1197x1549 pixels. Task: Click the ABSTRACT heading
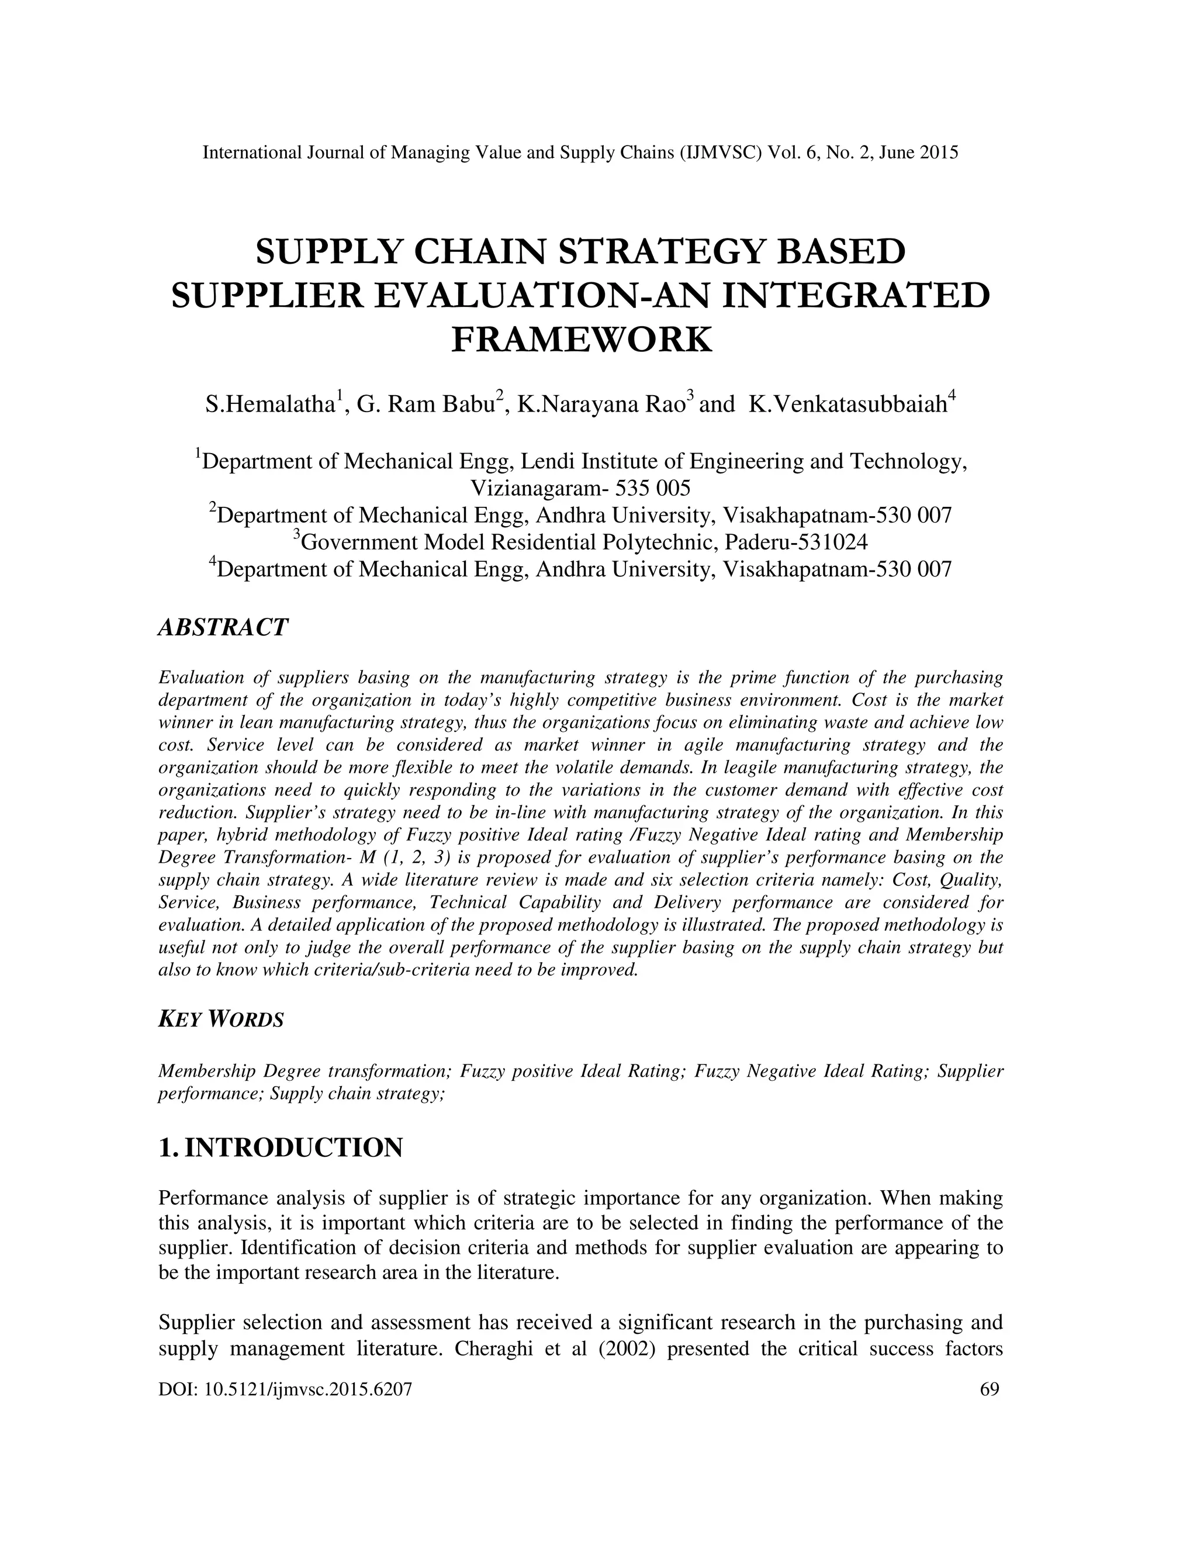pyautogui.click(x=223, y=627)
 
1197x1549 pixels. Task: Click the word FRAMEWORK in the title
pyautogui.click(x=582, y=339)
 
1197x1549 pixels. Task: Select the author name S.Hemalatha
pyautogui.click(x=270, y=404)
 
